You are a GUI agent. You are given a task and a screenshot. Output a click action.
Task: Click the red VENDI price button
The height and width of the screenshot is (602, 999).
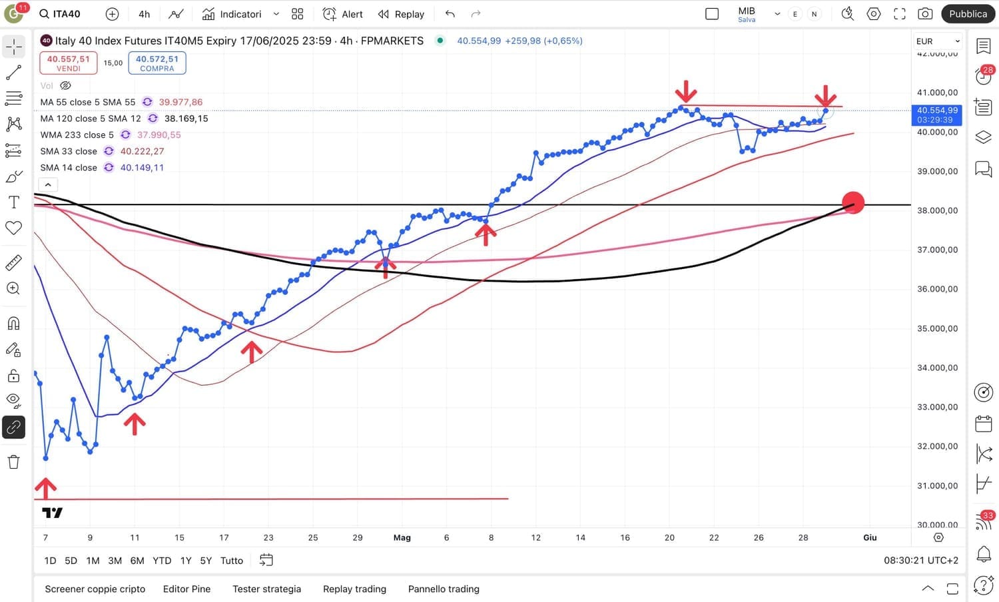click(68, 63)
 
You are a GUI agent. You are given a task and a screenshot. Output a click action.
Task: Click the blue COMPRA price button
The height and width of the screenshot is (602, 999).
click(157, 63)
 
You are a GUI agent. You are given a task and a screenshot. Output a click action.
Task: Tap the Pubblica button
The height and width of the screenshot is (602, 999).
click(968, 14)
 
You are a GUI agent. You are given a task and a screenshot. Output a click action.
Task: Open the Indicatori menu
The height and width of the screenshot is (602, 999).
click(232, 14)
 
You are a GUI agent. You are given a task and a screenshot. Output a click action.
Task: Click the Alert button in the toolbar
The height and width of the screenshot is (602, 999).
click(343, 14)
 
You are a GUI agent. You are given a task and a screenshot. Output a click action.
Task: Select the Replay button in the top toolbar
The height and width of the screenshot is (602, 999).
click(401, 14)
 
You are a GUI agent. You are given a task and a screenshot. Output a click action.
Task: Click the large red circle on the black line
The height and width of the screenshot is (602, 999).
click(853, 202)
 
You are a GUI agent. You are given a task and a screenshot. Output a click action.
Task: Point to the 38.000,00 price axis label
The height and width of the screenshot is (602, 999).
click(937, 210)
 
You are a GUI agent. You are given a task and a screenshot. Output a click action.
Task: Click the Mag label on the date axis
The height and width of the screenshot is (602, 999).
click(402, 537)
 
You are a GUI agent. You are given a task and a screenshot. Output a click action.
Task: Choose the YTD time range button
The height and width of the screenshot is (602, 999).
click(162, 561)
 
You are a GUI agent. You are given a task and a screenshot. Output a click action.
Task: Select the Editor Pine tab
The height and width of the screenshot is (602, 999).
click(186, 589)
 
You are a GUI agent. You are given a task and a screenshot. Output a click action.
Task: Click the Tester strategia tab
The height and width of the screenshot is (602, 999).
click(266, 589)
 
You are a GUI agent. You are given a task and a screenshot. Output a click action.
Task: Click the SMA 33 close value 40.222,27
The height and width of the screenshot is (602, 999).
click(142, 151)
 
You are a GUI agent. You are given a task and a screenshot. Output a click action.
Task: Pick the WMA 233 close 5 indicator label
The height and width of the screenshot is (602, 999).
click(77, 135)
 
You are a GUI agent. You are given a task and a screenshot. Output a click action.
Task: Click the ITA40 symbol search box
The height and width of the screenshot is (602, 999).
click(67, 14)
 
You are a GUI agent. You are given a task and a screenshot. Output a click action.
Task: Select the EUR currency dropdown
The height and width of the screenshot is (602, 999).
click(938, 41)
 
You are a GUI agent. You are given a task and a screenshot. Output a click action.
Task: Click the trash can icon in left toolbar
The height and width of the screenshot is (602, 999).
click(13, 462)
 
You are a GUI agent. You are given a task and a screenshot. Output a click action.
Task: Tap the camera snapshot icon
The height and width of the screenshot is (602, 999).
click(925, 14)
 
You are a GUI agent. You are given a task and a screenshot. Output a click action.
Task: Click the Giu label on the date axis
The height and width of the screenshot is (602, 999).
click(870, 537)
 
